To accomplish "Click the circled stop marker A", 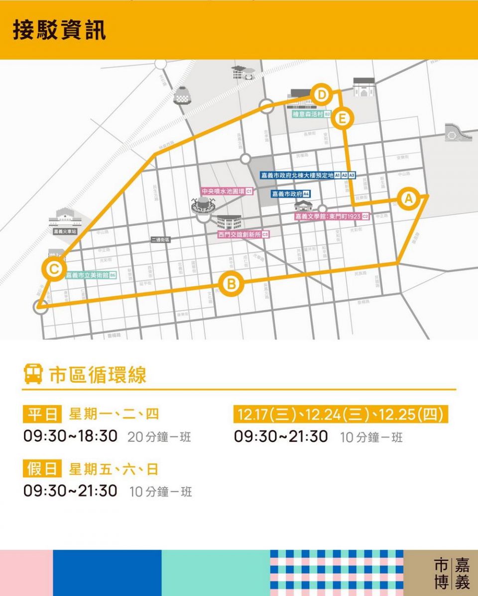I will [x=408, y=198].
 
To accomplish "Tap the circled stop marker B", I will [x=231, y=284].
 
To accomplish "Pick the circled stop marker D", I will [x=322, y=94].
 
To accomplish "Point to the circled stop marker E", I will [x=342, y=119].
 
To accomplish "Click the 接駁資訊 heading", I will [x=59, y=30].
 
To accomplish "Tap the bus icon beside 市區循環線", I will [x=33, y=374].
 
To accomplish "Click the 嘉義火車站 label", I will [x=65, y=232].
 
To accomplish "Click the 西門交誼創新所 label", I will [x=243, y=234].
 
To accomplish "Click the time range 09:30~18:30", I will [x=71, y=436].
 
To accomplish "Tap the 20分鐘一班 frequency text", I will [x=159, y=437].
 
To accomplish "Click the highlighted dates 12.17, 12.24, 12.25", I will [x=341, y=414].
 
